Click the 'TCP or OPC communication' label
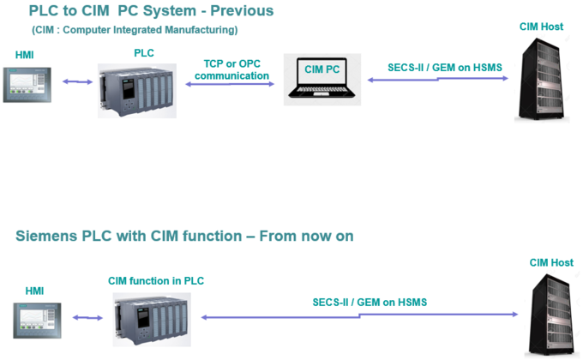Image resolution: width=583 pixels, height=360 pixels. point(231,69)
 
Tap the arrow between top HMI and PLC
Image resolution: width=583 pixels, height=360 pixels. point(76,82)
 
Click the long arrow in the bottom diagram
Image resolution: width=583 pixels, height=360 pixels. point(359,316)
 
